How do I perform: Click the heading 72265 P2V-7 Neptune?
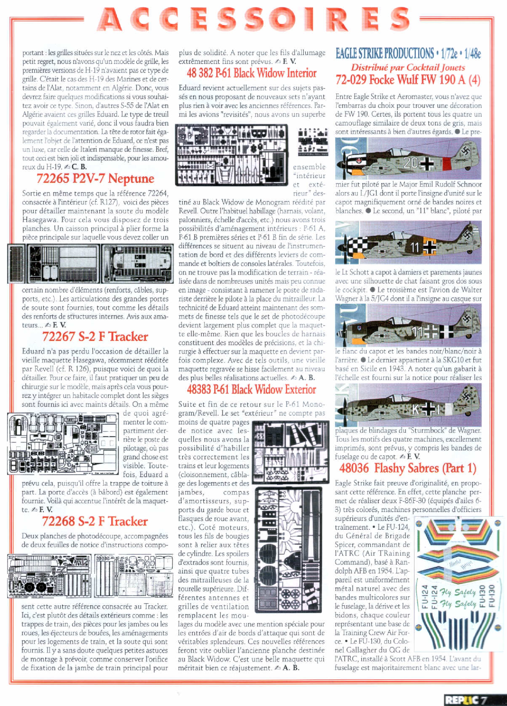coord(95,179)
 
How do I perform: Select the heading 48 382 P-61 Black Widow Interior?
coord(252,73)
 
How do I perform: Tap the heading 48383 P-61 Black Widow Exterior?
coord(251,390)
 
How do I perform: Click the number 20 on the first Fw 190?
coord(411,162)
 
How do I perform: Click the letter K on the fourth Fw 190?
coord(415,410)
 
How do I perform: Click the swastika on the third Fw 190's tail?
coord(467,318)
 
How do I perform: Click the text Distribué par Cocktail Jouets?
coord(408,67)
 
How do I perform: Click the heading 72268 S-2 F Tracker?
coord(95,521)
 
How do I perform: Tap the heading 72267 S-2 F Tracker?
coord(95,337)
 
